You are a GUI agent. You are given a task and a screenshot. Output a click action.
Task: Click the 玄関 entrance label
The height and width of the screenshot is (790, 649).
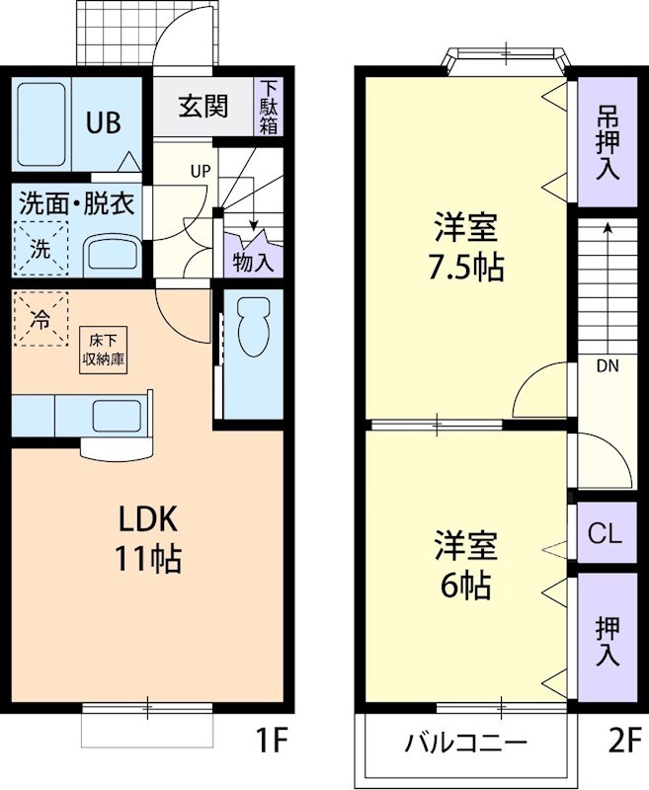203,106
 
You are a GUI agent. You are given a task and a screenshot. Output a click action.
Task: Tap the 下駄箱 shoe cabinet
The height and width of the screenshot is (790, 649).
269,107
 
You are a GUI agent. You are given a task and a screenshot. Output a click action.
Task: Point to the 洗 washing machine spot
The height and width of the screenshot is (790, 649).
41,249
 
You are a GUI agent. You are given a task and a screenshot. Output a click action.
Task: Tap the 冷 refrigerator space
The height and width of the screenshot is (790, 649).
41,319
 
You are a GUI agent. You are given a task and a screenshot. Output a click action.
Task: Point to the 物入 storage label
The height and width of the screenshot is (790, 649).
253,262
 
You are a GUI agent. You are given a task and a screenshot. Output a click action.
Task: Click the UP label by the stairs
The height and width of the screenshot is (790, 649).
201,170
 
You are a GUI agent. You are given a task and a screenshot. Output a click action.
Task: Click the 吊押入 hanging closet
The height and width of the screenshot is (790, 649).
607,142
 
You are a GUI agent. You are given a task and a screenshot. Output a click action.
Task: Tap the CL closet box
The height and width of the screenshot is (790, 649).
605,534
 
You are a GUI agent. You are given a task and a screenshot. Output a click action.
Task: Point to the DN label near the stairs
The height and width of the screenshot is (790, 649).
608,365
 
